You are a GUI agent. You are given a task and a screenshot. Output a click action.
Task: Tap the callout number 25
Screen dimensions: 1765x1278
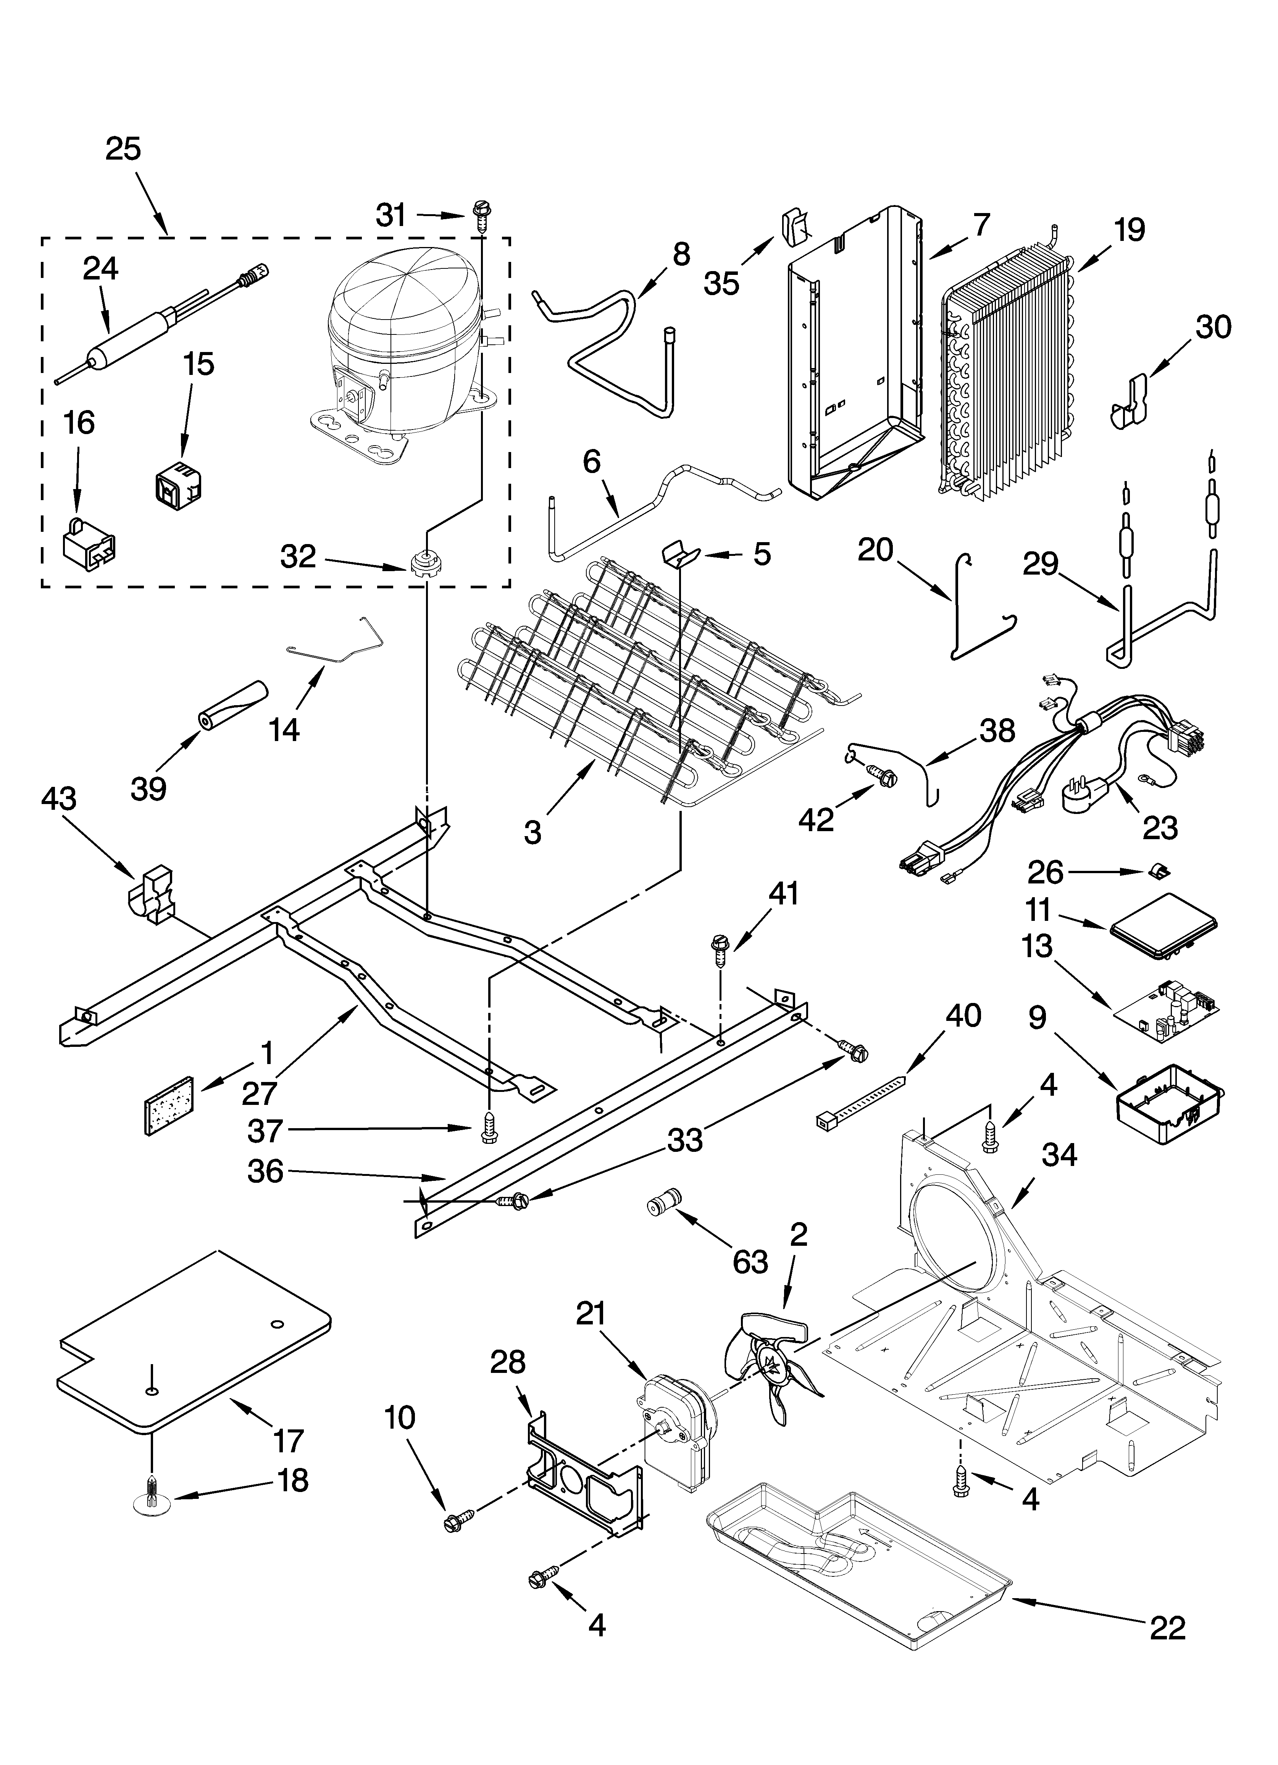[x=124, y=149]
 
